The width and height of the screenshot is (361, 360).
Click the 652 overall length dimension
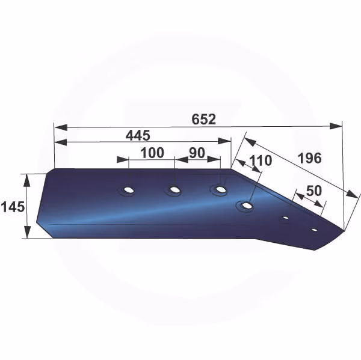tap(204, 119)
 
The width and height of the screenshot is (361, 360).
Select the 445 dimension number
tap(138, 135)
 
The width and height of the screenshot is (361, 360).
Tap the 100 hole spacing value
tap(152, 153)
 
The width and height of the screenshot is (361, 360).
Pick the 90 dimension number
tap(197, 153)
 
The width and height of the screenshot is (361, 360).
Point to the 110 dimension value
tap(261, 160)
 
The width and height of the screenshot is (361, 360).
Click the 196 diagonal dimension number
tap(309, 158)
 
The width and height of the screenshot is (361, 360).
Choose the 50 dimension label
tap(314, 191)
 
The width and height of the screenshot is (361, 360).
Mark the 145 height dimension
tap(13, 207)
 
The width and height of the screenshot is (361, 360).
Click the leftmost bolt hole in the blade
tap(129, 191)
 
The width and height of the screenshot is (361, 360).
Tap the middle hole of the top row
tap(174, 190)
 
